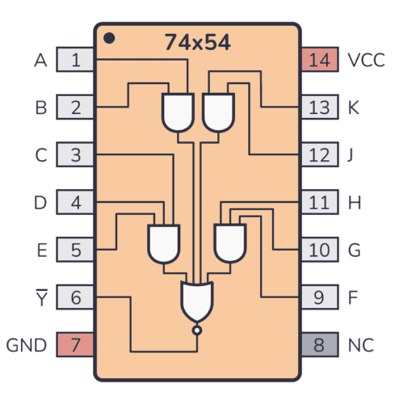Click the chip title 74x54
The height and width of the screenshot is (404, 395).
tap(198, 43)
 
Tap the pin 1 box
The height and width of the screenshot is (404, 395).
tap(75, 60)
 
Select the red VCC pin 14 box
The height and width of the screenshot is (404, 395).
tap(320, 60)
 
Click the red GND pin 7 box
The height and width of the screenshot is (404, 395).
tap(75, 345)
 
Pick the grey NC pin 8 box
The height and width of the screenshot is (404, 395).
tap(320, 345)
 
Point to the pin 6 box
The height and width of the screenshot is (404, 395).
tap(75, 297)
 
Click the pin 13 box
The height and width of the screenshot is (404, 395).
tap(320, 107)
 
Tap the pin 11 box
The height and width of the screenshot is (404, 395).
tap(320, 203)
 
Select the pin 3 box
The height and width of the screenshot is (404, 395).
tap(75, 155)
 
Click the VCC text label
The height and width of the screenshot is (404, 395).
tap(366, 60)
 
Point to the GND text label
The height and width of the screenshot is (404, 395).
tap(27, 345)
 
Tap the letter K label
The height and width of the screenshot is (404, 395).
tap(353, 107)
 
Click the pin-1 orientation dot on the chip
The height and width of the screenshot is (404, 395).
tap(109, 38)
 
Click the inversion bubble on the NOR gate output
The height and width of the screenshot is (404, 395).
tap(196, 330)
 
